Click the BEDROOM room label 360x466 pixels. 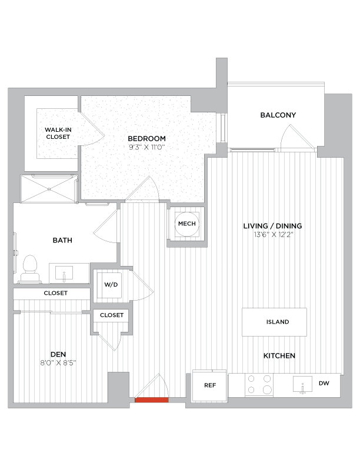pyautogui.click(x=146, y=139)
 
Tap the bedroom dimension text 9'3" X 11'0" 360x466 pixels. pyautogui.click(x=146, y=147)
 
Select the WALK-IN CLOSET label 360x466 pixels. pyautogui.click(x=58, y=133)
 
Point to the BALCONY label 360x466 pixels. pyautogui.click(x=278, y=115)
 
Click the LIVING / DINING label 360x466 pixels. pyautogui.click(x=273, y=226)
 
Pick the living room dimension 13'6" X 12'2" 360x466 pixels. pyautogui.click(x=273, y=235)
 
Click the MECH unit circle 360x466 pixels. pyautogui.click(x=186, y=224)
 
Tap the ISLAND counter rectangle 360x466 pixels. pyautogui.click(x=274, y=322)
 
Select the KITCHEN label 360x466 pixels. pyautogui.click(x=279, y=356)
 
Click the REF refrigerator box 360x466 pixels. pyautogui.click(x=209, y=385)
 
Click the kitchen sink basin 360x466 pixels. pyautogui.click(x=304, y=386)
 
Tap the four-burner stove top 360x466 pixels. pyautogui.click(x=259, y=385)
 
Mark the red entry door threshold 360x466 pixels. pyautogui.click(x=152, y=400)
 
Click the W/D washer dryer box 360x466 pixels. pyautogui.click(x=111, y=285)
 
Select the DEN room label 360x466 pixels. pyautogui.click(x=58, y=354)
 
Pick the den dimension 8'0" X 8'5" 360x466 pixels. pyautogui.click(x=58, y=362)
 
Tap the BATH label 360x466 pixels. pyautogui.click(x=62, y=240)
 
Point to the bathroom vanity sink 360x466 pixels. pyautogui.click(x=65, y=273)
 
